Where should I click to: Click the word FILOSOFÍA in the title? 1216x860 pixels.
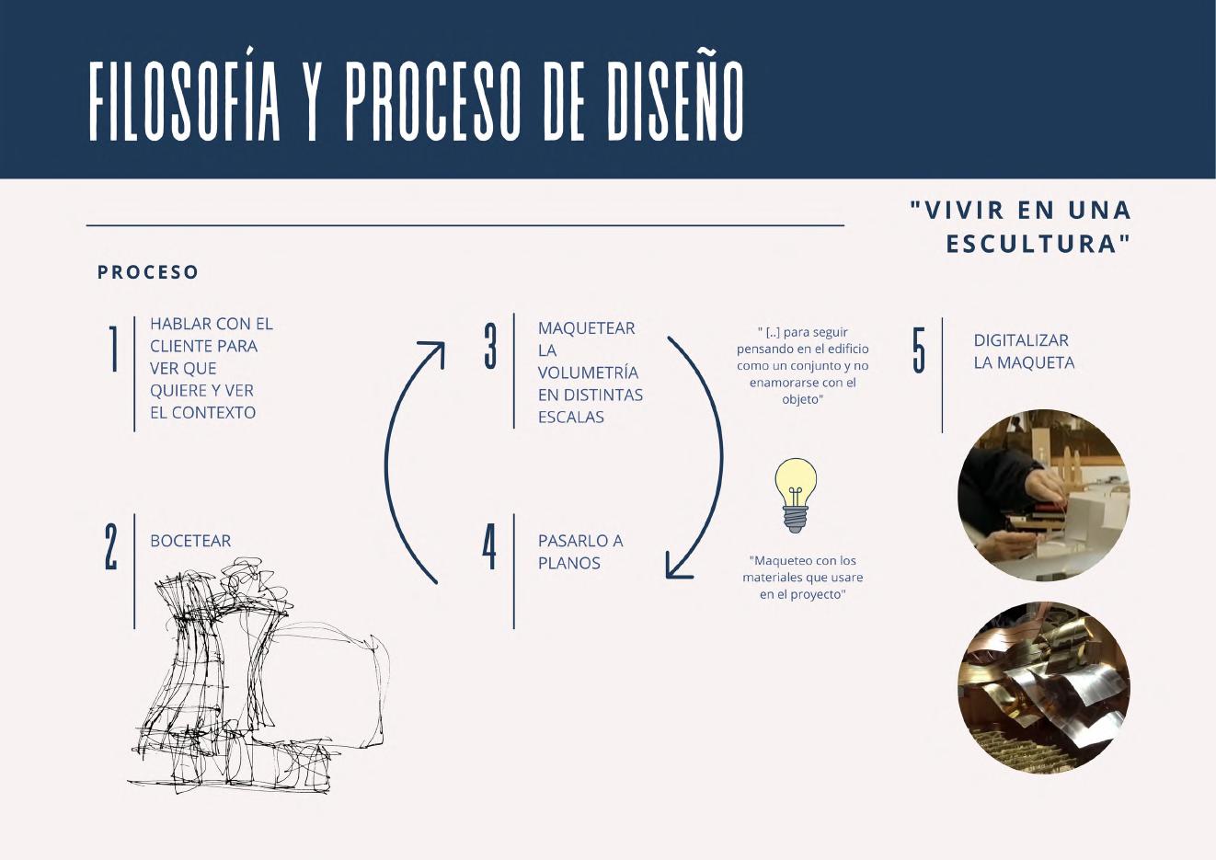click(x=185, y=101)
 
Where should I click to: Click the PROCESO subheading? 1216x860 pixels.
click(x=148, y=272)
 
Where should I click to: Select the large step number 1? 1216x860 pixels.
click(x=114, y=350)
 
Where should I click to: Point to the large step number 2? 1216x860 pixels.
click(x=111, y=547)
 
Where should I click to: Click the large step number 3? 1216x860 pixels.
click(x=490, y=346)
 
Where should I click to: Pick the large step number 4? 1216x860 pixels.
click(x=489, y=546)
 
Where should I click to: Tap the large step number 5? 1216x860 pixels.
click(x=919, y=350)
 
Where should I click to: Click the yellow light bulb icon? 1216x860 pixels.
click(x=796, y=495)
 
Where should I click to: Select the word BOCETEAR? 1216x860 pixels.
click(x=190, y=541)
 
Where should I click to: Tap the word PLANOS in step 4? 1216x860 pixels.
click(x=568, y=563)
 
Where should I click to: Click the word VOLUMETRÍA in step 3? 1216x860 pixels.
click(x=588, y=373)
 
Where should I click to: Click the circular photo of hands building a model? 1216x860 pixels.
click(x=1043, y=495)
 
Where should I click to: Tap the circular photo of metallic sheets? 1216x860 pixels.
click(x=1043, y=687)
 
